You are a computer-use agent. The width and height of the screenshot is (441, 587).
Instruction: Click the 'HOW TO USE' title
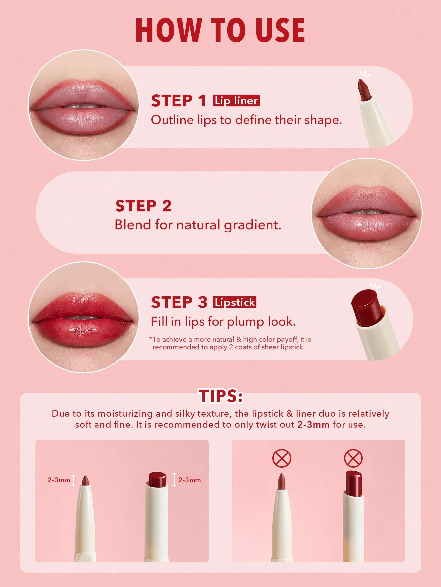tap(220, 30)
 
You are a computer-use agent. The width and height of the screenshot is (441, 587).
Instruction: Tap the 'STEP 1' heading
tap(179, 101)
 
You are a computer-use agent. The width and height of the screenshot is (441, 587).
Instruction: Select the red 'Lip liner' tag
tap(236, 100)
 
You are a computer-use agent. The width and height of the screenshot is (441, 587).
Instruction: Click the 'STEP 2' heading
tap(143, 206)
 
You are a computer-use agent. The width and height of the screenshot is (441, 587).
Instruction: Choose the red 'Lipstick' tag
tap(235, 302)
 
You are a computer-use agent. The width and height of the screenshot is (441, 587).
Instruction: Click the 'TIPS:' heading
tap(220, 396)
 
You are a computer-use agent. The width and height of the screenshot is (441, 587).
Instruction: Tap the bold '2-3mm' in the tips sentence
tap(313, 424)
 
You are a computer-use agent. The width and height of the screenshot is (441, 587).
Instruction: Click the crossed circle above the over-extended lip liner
tap(282, 459)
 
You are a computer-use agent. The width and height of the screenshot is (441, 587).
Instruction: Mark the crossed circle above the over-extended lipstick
tap(353, 458)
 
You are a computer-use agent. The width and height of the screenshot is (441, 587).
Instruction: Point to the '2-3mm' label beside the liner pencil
tap(59, 480)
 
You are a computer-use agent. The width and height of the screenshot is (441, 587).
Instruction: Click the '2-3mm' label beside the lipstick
tap(190, 480)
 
